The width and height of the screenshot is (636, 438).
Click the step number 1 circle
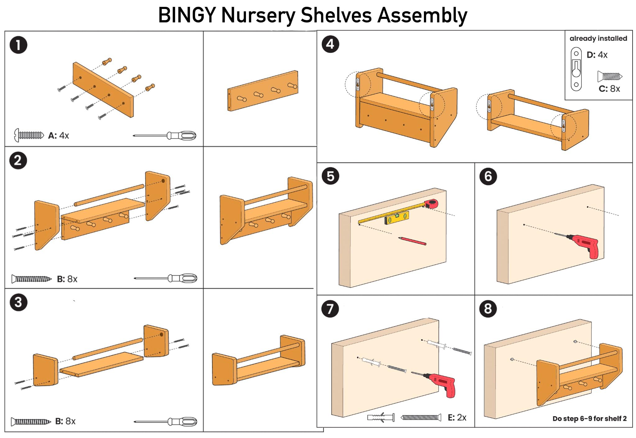coord(18,45)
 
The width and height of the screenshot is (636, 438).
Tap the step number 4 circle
coord(330,44)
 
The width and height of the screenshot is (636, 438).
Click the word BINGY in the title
coord(187,15)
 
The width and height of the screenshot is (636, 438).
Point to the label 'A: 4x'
coord(58,136)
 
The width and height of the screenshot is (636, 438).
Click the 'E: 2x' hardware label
coord(457,417)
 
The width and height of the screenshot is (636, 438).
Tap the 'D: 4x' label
coord(597,55)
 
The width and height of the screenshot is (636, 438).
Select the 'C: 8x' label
coord(609,89)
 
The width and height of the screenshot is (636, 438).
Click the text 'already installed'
coord(598,39)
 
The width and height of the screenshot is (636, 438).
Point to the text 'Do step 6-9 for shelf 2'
coord(589,419)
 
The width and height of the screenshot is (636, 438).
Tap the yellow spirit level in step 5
coord(397,218)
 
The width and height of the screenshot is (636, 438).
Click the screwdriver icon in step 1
coord(165,136)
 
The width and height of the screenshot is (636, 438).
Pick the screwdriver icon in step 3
coord(166,422)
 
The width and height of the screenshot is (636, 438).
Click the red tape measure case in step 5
coord(432,203)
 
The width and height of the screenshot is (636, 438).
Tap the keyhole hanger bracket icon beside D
coord(576,69)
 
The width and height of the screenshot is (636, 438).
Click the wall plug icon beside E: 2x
coord(381,417)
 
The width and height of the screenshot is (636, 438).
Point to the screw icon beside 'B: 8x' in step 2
coord(31,279)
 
